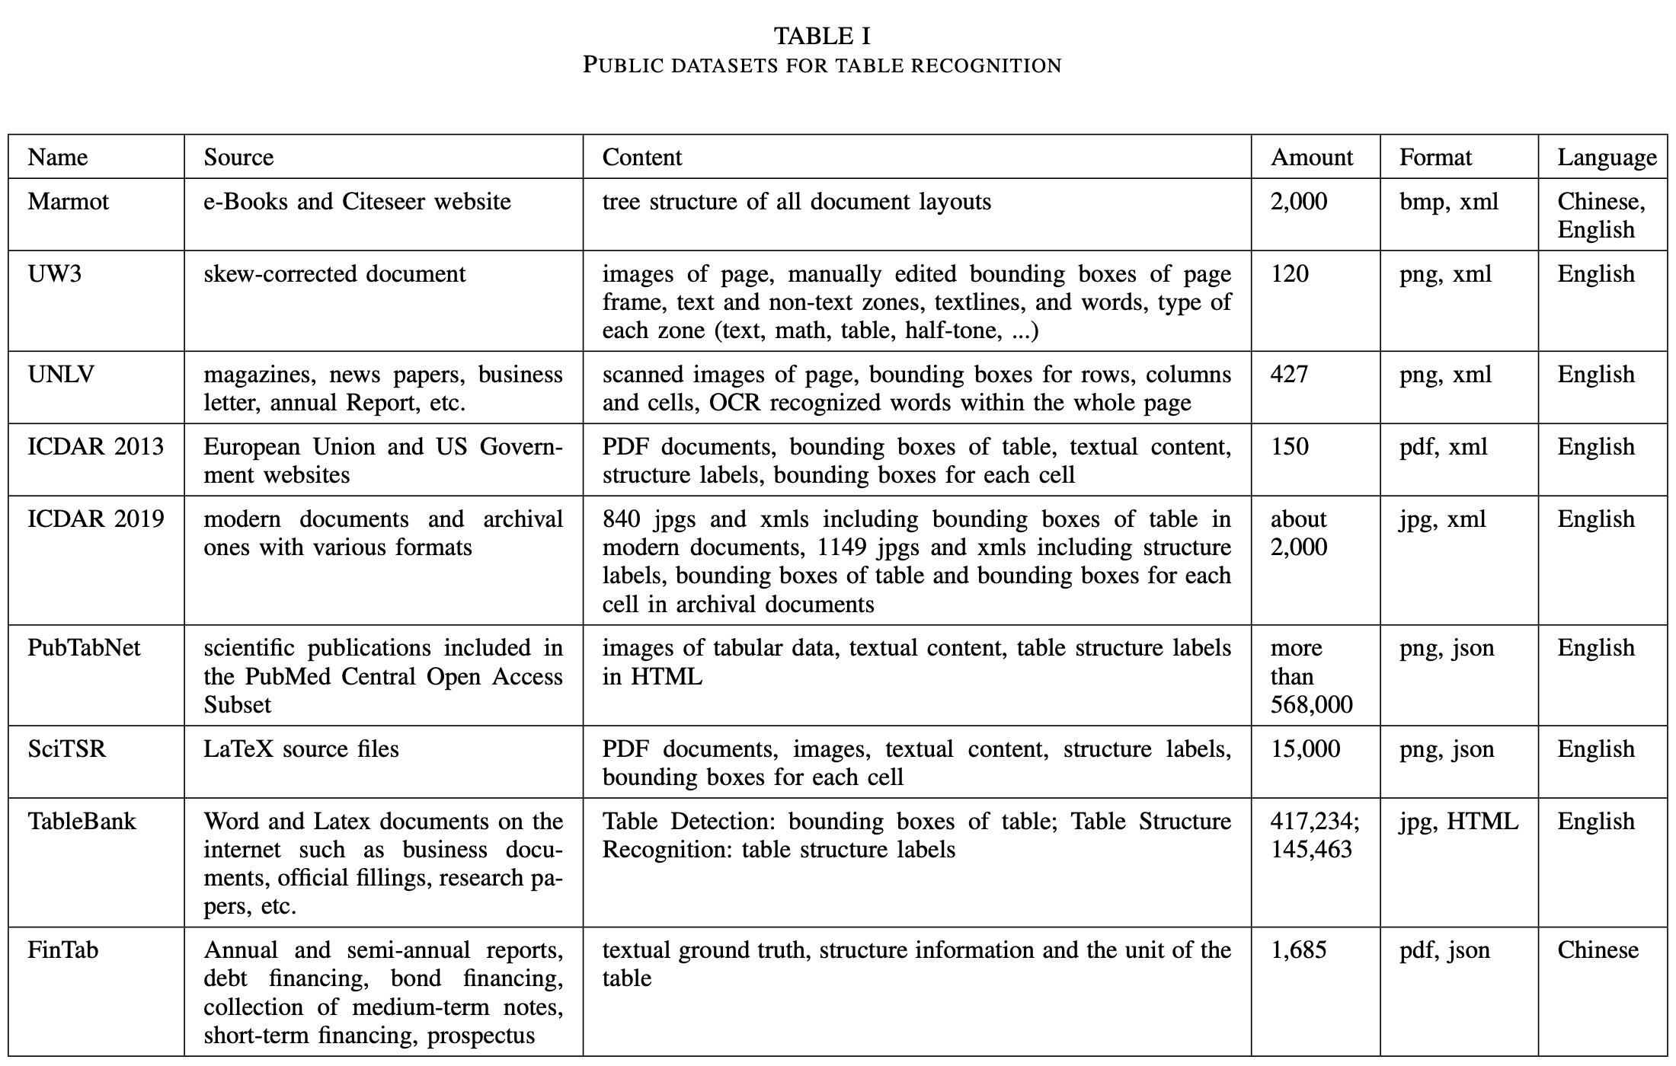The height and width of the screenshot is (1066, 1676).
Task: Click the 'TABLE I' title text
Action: point(822,36)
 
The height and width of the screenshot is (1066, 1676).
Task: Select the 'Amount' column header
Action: point(1311,158)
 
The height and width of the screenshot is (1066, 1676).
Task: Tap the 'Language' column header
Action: point(1606,158)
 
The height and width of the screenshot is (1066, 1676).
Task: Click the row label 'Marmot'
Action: point(68,202)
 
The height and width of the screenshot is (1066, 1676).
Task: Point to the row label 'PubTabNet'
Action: point(84,648)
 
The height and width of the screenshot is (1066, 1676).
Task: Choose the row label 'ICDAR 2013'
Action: point(95,447)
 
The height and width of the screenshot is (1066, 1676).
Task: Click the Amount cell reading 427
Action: point(1289,375)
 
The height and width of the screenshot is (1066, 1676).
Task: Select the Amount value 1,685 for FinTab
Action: point(1298,950)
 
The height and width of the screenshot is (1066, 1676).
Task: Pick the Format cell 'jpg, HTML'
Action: point(1458,822)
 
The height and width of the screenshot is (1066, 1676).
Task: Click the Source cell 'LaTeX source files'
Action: point(301,749)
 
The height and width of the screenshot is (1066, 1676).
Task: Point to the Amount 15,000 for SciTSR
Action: point(1305,749)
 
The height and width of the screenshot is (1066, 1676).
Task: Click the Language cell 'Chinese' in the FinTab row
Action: point(1598,950)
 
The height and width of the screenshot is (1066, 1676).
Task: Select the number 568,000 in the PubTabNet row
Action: point(1311,705)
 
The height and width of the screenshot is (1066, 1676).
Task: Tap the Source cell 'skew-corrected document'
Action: point(334,274)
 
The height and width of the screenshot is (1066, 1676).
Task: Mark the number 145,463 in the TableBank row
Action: point(1311,850)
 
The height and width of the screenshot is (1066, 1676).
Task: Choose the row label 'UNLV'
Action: point(60,375)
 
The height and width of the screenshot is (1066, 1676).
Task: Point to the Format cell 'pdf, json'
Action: point(1444,950)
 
